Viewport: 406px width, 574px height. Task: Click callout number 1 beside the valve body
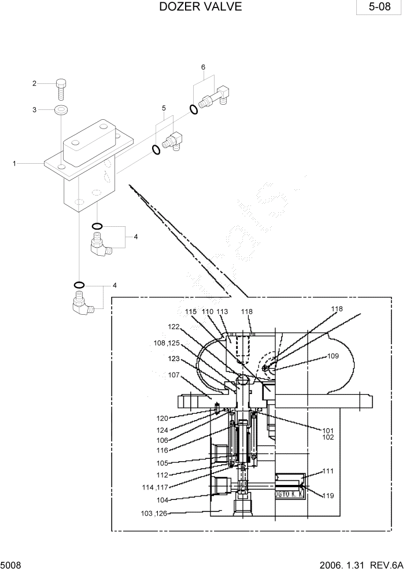click(14, 164)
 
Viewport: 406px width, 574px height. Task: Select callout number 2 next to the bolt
click(34, 83)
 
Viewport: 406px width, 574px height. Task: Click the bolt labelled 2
click(62, 90)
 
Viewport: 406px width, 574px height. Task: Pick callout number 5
click(164, 108)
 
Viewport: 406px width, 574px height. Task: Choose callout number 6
click(203, 67)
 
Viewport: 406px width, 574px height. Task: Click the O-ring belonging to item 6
click(194, 109)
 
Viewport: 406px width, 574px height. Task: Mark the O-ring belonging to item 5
click(156, 150)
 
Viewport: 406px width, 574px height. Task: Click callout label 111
click(328, 472)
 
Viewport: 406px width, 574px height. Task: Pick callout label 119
click(328, 496)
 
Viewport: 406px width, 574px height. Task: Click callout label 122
click(174, 326)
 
